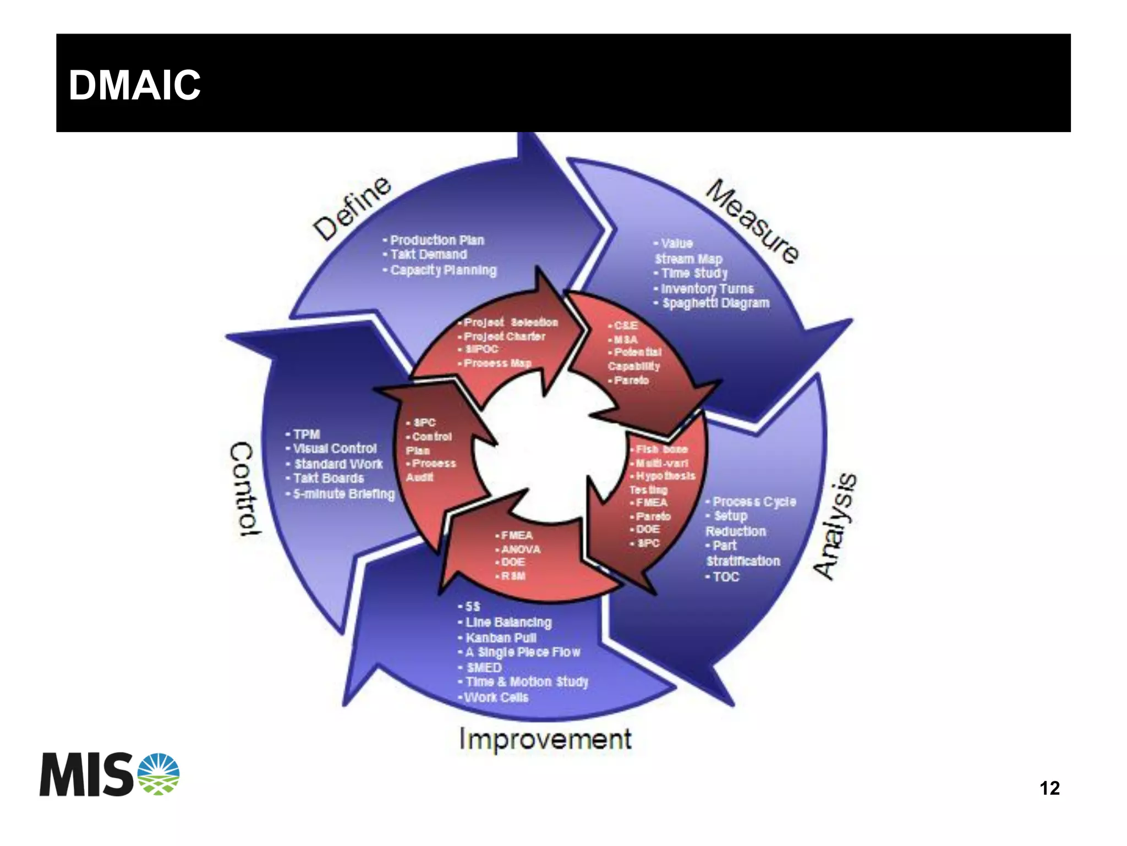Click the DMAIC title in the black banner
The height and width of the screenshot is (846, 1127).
click(x=134, y=86)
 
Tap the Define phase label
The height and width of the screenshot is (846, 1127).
click(x=353, y=209)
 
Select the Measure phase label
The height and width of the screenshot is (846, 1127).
click(x=753, y=221)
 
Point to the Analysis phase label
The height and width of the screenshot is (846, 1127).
click(x=835, y=526)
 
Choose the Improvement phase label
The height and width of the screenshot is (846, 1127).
click(x=545, y=739)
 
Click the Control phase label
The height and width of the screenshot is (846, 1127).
click(x=243, y=488)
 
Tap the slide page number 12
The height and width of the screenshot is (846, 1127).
click(x=1049, y=788)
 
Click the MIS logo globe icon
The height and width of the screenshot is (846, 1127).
click(x=158, y=774)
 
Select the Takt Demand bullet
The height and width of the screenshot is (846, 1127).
click(x=428, y=255)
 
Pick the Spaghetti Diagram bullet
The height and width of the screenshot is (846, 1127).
click(x=715, y=303)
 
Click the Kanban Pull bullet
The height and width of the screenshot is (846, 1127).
click(x=500, y=638)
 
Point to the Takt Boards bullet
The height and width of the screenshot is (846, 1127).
click(x=328, y=479)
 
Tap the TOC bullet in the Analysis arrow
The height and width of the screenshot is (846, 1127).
click(x=725, y=576)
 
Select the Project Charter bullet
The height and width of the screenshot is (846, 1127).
click(x=504, y=336)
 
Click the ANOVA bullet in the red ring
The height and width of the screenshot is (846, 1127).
click(x=520, y=549)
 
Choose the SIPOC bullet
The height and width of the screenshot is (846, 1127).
click(x=481, y=349)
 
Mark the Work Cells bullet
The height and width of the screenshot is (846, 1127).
click(x=495, y=697)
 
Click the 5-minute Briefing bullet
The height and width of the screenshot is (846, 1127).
click(x=343, y=494)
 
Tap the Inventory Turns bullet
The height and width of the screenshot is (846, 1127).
click(x=707, y=289)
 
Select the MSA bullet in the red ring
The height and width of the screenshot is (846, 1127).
click(x=625, y=339)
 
